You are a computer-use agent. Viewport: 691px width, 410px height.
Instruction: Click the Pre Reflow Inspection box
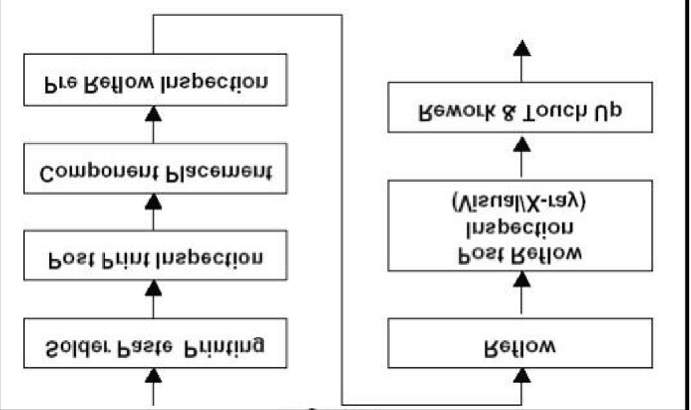pos(155,80)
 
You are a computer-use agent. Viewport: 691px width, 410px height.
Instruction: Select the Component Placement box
pos(155,169)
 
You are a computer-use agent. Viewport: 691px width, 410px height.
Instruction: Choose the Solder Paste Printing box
pos(155,343)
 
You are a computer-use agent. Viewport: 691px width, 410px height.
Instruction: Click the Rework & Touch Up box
pos(520,107)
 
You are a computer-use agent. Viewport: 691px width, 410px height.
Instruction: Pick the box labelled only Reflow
pos(520,343)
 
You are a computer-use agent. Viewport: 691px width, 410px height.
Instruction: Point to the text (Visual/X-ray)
pos(519,202)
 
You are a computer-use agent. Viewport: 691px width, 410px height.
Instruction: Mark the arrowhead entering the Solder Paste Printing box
pos(154,376)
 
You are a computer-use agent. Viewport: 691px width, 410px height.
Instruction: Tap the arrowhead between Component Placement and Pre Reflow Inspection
pos(154,114)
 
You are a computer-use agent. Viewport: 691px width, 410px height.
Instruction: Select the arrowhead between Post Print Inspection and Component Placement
pos(154,202)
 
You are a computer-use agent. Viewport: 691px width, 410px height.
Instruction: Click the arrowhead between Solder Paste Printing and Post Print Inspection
pos(154,289)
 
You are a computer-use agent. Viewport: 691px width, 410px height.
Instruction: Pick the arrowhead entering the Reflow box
pos(522,376)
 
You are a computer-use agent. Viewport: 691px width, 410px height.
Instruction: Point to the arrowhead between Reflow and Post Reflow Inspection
pos(522,280)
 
